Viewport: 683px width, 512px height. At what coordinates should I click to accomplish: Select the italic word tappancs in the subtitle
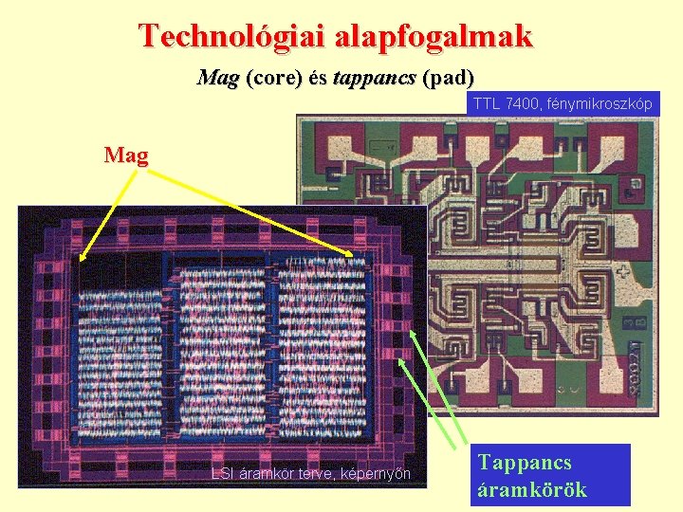(x=375, y=78)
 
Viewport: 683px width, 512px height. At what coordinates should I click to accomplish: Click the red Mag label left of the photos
(x=126, y=155)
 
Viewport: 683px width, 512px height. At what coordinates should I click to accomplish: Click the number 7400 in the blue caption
(x=520, y=104)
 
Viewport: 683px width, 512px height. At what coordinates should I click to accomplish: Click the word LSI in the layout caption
(x=222, y=473)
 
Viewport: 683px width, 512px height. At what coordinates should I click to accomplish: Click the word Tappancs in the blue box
(x=525, y=463)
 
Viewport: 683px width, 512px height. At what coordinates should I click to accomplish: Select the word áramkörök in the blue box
(x=532, y=489)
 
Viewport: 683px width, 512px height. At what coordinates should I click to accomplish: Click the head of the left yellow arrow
(x=81, y=259)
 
